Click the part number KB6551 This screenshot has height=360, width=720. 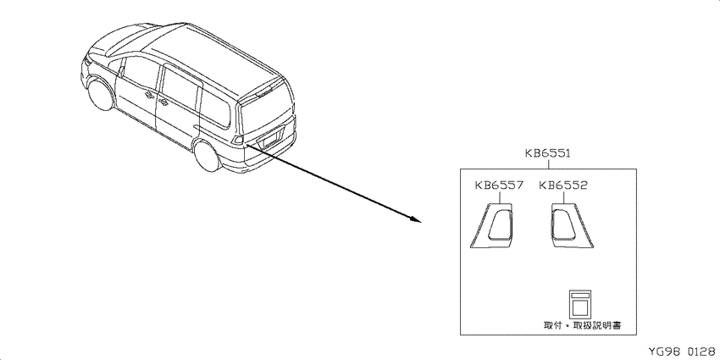pos(548,153)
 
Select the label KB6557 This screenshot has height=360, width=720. pos(499,185)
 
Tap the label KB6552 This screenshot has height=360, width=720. pos(563,185)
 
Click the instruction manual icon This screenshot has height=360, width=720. pos(580,303)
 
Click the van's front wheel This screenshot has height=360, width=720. pos(101,96)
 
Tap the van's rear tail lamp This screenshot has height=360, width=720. pos(238,139)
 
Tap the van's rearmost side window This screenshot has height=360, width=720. pos(215,107)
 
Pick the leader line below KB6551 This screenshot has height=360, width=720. pos(548,164)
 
